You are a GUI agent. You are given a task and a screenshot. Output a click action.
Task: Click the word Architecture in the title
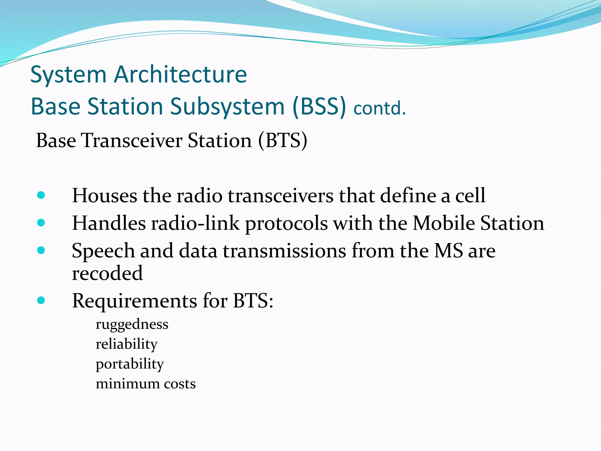click(180, 74)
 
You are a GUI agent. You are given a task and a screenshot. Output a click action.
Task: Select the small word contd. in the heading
click(379, 108)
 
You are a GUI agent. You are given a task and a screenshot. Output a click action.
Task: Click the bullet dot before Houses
click(41, 196)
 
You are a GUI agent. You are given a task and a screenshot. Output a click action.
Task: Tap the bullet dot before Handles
click(41, 223)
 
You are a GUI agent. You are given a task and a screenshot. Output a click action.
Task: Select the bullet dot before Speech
click(41, 250)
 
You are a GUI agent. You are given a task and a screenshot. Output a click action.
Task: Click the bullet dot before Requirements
click(41, 300)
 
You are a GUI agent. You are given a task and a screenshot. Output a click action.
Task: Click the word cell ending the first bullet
click(470, 196)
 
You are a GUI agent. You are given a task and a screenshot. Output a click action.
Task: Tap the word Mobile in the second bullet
click(444, 223)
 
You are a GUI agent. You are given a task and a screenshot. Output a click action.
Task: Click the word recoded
click(107, 273)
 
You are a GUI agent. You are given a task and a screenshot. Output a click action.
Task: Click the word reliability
click(126, 344)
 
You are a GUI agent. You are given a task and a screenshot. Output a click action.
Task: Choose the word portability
click(129, 364)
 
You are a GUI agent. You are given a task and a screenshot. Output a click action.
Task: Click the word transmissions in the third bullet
click(284, 251)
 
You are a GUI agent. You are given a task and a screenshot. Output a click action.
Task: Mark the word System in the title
click(68, 74)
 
